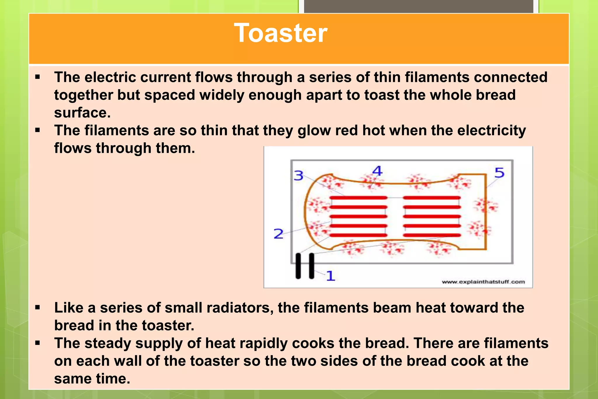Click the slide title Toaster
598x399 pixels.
coord(281,33)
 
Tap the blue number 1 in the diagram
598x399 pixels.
coord(330,276)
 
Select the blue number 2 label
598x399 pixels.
coord(278,234)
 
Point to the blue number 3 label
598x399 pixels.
coord(298,176)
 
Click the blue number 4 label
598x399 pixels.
coord(378,171)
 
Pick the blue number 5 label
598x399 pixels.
coord(499,173)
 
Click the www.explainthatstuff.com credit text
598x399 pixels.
coord(483,282)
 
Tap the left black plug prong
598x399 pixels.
coord(298,266)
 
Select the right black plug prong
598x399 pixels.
coord(312,266)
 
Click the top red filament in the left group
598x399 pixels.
coord(359,198)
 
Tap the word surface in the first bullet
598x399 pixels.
coord(82,113)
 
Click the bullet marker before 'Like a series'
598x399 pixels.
coord(37,307)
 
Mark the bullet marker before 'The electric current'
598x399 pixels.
coord(37,77)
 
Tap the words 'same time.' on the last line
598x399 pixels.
coord(92,379)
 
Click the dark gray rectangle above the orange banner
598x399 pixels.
coord(418,6)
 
